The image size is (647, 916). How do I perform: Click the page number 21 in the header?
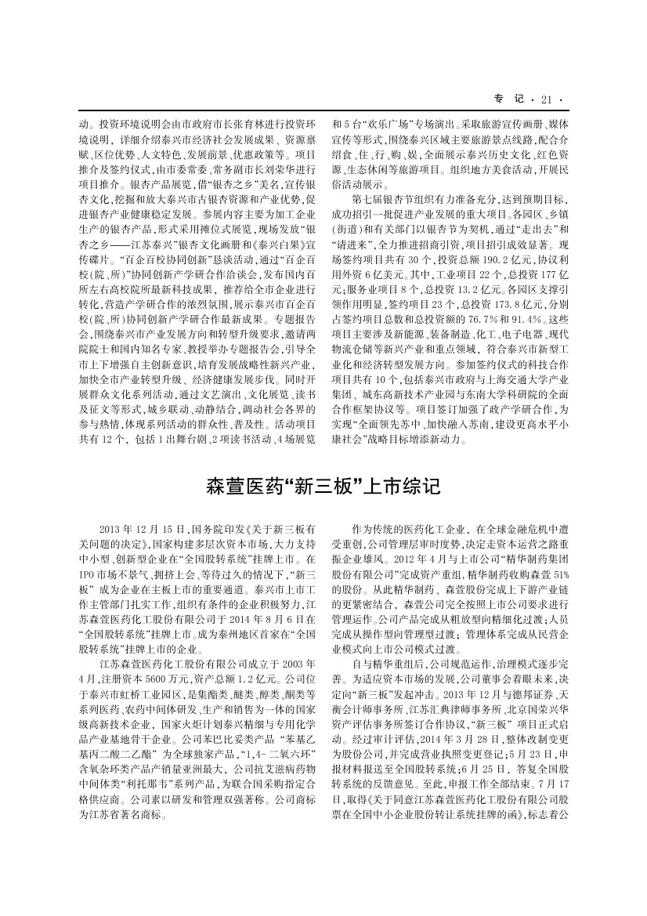point(546,99)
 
